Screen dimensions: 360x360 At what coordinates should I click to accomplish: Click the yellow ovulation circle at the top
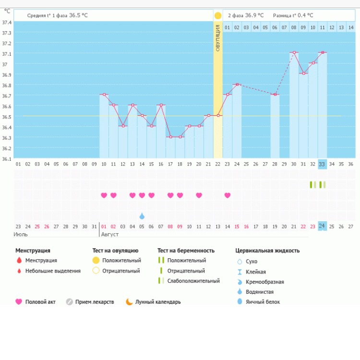(218, 15)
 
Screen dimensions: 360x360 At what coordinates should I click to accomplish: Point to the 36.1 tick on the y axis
(7, 159)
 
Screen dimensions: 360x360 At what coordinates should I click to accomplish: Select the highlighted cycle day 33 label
(322, 164)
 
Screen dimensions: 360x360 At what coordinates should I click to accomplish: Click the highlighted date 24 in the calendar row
(322, 226)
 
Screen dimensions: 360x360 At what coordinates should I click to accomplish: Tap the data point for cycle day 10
(104, 95)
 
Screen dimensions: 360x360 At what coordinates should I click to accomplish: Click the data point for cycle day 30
(294, 52)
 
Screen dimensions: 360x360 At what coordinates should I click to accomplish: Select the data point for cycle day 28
(275, 95)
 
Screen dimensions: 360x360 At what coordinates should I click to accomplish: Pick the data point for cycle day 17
(170, 137)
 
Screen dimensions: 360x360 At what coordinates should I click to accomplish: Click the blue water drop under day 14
(142, 216)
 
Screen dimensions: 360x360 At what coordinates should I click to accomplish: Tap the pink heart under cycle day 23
(228, 195)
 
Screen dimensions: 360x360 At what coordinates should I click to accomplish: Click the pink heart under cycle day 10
(104, 195)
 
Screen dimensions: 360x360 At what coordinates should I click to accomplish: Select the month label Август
(110, 234)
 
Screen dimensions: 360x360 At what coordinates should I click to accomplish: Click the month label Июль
(21, 234)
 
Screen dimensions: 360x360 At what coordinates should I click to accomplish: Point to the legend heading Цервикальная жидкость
(267, 251)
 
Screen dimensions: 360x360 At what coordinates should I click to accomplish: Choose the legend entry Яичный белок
(262, 302)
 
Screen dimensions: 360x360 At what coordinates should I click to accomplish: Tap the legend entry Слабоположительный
(193, 281)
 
